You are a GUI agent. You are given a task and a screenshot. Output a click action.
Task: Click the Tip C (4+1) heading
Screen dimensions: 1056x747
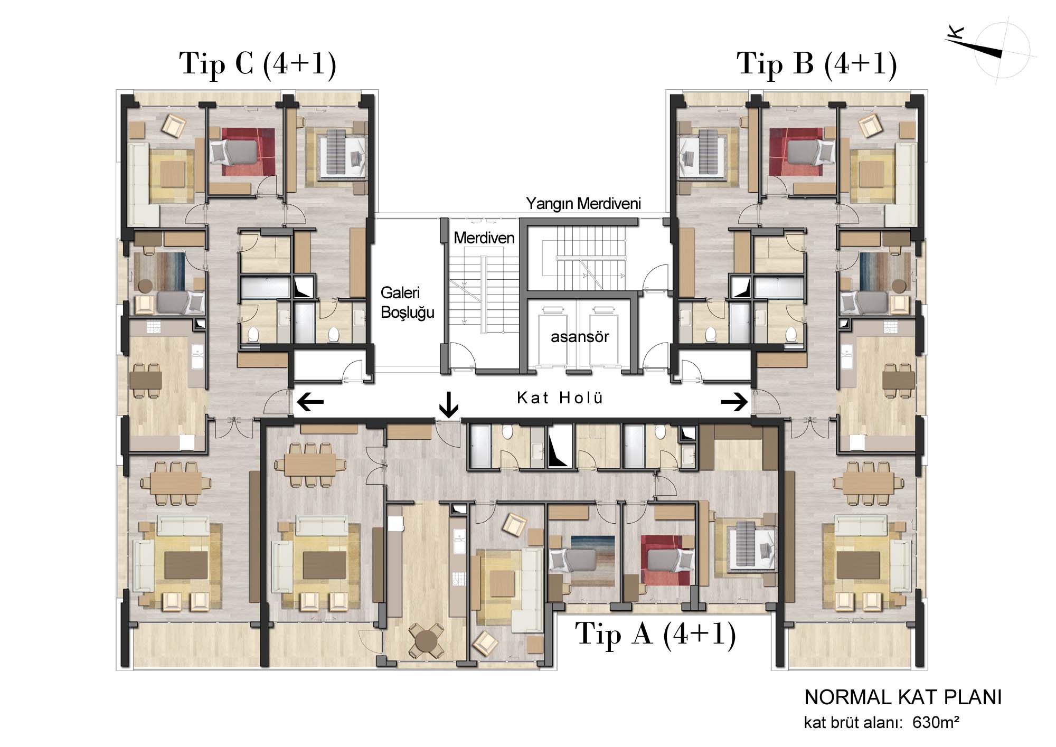258,64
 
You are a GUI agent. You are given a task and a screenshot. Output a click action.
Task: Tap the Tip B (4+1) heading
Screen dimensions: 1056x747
817,64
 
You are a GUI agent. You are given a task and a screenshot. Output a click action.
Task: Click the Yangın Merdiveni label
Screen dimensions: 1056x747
583,204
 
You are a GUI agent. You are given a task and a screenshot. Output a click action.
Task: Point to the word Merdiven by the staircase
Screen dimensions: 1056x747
484,238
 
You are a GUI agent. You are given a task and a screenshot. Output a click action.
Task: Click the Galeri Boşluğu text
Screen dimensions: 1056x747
407,302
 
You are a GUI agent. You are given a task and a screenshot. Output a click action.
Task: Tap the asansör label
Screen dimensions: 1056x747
580,337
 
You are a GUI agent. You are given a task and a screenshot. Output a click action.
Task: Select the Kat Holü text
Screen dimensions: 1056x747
560,398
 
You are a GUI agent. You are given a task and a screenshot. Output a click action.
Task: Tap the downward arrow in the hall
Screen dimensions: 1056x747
449,404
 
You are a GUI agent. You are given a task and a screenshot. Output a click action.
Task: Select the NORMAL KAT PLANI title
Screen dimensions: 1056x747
903,697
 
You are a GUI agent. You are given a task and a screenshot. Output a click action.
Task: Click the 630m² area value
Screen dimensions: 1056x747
936,722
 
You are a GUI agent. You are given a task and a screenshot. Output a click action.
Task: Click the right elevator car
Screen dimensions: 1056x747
604,338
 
